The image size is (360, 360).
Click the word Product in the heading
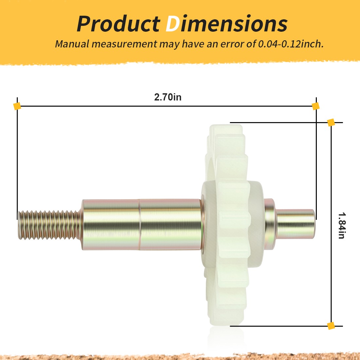pyautogui.click(x=118, y=24)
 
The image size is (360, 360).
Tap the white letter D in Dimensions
pyautogui.click(x=173, y=24)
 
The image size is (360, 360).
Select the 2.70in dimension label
pyautogui.click(x=168, y=97)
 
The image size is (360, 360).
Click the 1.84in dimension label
pyautogui.click(x=342, y=225)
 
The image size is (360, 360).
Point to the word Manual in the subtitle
pyautogui.click(x=72, y=44)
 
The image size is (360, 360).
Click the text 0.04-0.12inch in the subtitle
pyautogui.click(x=291, y=44)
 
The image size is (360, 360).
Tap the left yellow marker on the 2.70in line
pyautogui.click(x=17, y=106)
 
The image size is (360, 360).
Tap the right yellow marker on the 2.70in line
pyautogui.click(x=316, y=106)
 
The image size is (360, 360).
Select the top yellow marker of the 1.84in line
pyautogui.click(x=331, y=122)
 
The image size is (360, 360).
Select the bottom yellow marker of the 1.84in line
pyautogui.click(x=331, y=326)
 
